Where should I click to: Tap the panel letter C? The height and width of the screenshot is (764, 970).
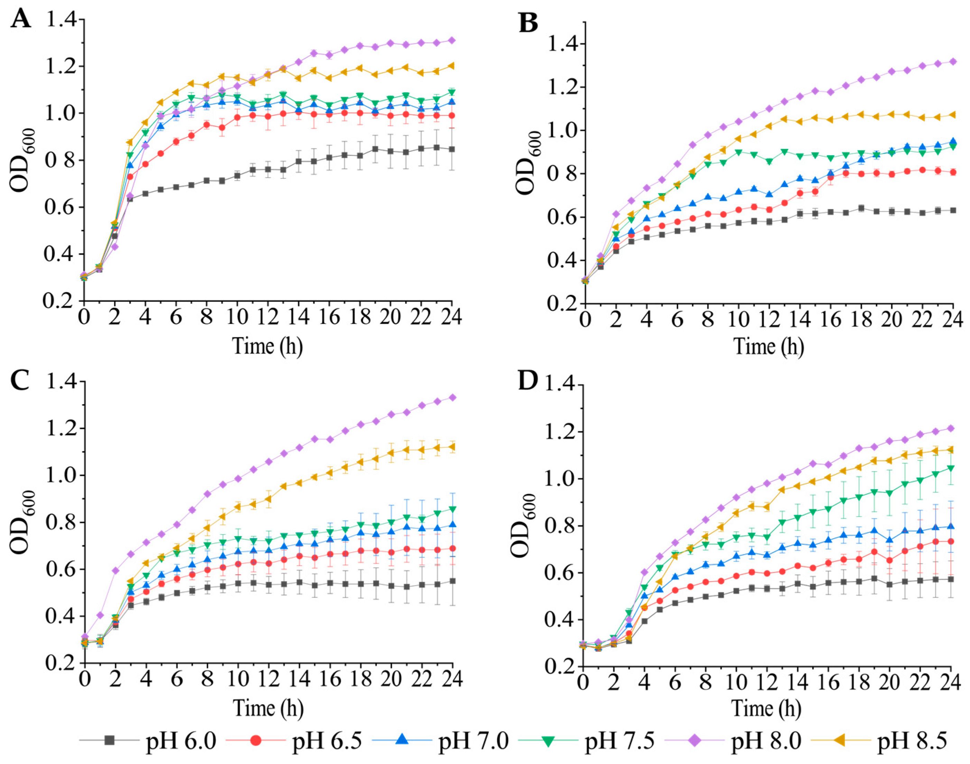pyautogui.click(x=21, y=381)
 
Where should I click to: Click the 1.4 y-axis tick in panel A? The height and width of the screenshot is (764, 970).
pyautogui.click(x=61, y=20)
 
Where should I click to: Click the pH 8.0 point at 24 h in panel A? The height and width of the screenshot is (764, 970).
pyautogui.click(x=452, y=40)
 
